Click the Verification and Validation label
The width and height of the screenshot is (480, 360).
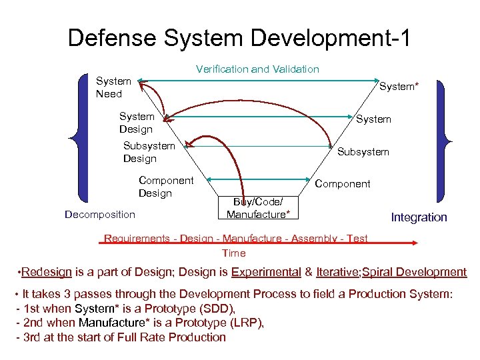point(257,69)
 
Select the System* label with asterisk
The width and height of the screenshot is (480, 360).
point(399,85)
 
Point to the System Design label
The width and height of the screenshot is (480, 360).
point(136,123)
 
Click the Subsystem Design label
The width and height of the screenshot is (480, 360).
point(149,152)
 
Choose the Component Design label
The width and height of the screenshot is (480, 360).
point(165,187)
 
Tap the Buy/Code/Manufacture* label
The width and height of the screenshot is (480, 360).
point(258,208)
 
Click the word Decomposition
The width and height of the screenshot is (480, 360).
point(99,214)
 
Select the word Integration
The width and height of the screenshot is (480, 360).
point(419,217)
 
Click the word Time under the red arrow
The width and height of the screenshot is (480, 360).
point(234,253)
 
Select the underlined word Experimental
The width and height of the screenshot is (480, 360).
point(265,272)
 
